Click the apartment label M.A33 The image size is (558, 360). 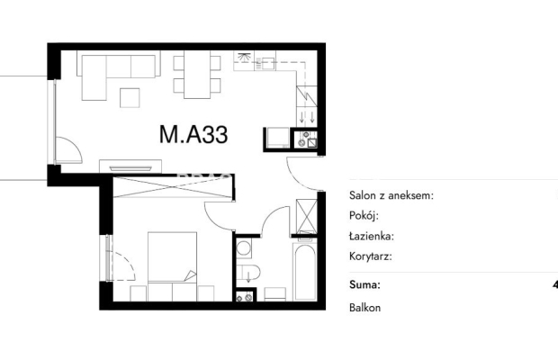[x=193, y=135]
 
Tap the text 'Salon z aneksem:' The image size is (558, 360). [x=391, y=195]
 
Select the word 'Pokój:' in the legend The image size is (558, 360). [x=364, y=216]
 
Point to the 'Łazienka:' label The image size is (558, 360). [x=372, y=236]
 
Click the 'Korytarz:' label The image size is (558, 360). [x=371, y=256]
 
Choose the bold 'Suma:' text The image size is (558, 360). [x=364, y=284]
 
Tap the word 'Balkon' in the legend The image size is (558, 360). [x=364, y=308]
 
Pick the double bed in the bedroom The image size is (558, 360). [x=172, y=266]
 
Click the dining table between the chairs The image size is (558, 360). [x=197, y=75]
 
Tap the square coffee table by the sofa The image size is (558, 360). [x=130, y=98]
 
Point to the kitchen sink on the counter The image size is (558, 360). [x=269, y=63]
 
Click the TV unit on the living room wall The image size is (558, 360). [x=130, y=166]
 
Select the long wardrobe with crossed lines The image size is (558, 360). [x=173, y=187]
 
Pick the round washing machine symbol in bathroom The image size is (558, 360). [x=244, y=247]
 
